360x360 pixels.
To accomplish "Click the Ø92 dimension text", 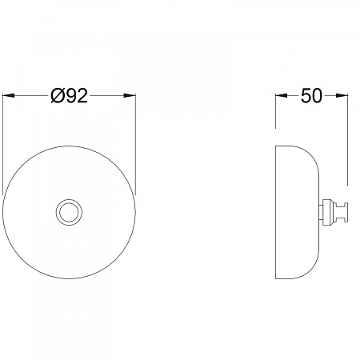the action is point(69,96).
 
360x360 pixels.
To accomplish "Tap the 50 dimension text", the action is point(311,96).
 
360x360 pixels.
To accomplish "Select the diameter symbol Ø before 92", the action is point(57,96).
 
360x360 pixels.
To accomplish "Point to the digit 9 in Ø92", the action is point(70,96).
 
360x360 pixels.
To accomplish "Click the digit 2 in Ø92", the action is point(82,96).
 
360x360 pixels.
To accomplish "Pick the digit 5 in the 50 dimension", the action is point(306,96).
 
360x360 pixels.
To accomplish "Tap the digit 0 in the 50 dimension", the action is point(317,96).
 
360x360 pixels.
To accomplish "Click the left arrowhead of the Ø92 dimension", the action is point(8,95).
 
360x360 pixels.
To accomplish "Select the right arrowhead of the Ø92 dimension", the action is point(130,95).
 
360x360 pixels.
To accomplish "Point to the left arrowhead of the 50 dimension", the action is point(282,95).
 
